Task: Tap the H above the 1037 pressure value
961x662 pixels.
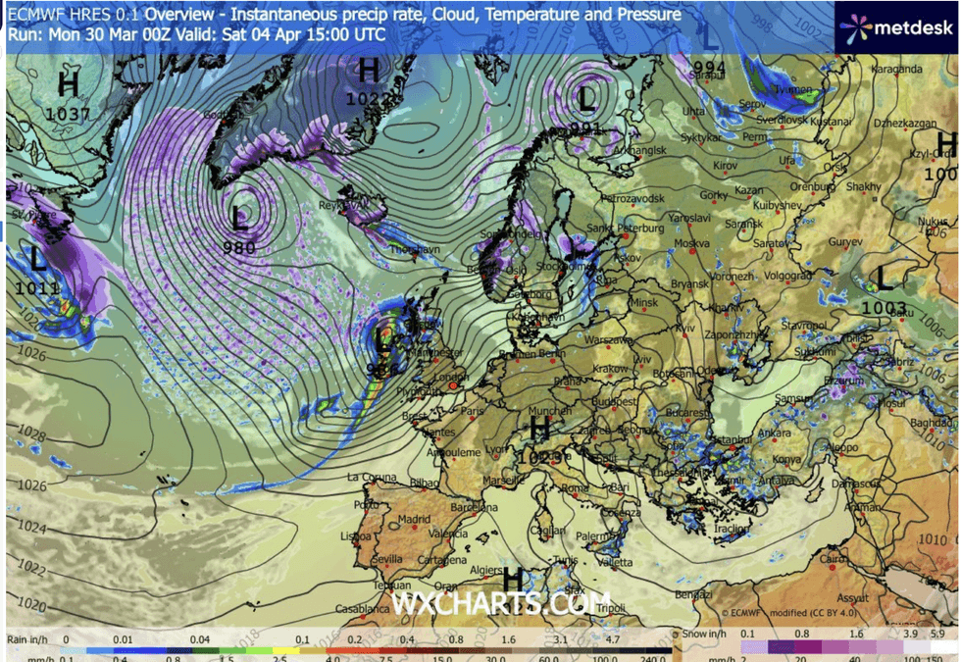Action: point(68,85)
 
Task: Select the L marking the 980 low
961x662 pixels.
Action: point(240,217)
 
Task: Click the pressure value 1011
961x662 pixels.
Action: point(38,288)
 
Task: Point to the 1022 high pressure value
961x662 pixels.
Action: point(365,98)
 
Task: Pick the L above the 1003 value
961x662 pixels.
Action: point(885,280)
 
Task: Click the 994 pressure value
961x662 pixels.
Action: point(709,67)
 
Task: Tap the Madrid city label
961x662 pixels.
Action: point(414,519)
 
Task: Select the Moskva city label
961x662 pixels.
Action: point(691,242)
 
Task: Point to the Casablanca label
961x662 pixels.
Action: point(361,608)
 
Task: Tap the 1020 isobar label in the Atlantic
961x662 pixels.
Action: point(32,604)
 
